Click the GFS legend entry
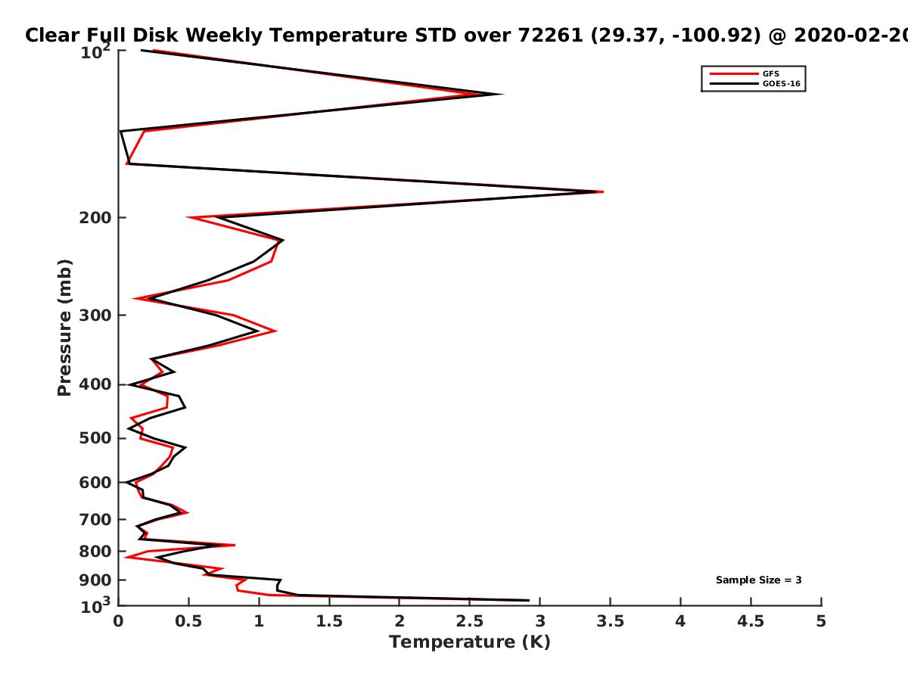(x=745, y=73)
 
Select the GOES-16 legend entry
(x=755, y=83)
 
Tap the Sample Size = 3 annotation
(x=759, y=580)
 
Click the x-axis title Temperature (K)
(x=470, y=642)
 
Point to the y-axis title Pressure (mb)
(x=64, y=328)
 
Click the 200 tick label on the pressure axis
(x=95, y=217)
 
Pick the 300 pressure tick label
(x=95, y=316)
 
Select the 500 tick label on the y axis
(x=95, y=438)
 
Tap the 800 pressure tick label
(x=95, y=552)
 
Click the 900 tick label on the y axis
(x=95, y=580)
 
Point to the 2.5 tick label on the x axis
(x=470, y=621)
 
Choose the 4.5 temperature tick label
(x=751, y=621)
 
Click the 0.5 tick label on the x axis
(x=188, y=621)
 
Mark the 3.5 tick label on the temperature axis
(x=610, y=621)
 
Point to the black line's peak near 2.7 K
(x=502, y=95)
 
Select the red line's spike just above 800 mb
(x=235, y=545)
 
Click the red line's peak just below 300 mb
(x=276, y=331)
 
